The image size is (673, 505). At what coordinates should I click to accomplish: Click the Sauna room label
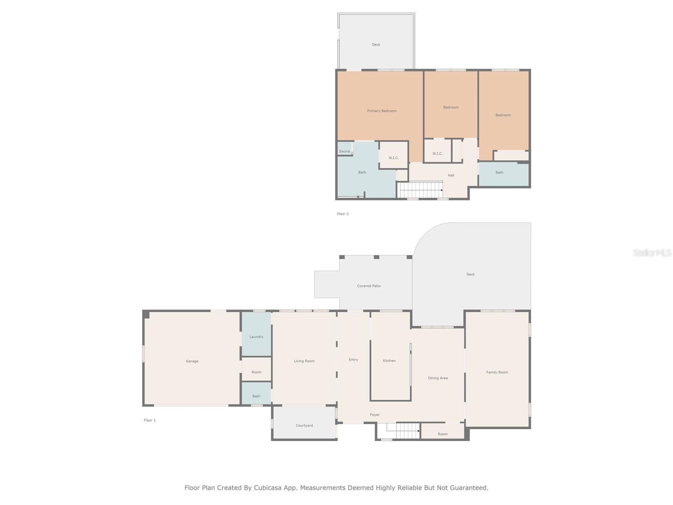(344, 151)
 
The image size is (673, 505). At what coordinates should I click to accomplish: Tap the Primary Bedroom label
(382, 111)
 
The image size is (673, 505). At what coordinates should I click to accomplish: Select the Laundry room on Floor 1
(256, 336)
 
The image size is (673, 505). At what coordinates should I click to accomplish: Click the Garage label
(192, 361)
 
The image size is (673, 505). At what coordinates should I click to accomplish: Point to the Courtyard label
(304, 425)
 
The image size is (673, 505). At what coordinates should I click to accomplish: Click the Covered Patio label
(368, 286)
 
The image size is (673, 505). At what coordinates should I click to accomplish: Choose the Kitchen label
(389, 361)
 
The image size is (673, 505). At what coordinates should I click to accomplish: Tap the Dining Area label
(437, 378)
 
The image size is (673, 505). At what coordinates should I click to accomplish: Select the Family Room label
(497, 372)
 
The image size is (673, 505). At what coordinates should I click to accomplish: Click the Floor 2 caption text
(342, 214)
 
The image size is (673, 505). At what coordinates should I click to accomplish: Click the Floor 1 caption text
(149, 420)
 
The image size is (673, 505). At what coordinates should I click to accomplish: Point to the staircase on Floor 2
(421, 189)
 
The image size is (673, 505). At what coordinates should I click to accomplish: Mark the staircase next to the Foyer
(403, 431)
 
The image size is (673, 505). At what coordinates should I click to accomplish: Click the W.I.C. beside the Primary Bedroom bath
(393, 158)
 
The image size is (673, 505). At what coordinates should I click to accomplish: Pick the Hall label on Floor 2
(451, 175)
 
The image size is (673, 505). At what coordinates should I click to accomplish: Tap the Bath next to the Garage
(256, 396)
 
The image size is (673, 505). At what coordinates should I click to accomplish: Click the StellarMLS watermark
(652, 252)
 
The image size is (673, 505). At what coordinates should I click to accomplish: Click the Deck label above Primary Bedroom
(376, 44)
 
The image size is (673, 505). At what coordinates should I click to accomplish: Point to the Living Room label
(304, 361)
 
